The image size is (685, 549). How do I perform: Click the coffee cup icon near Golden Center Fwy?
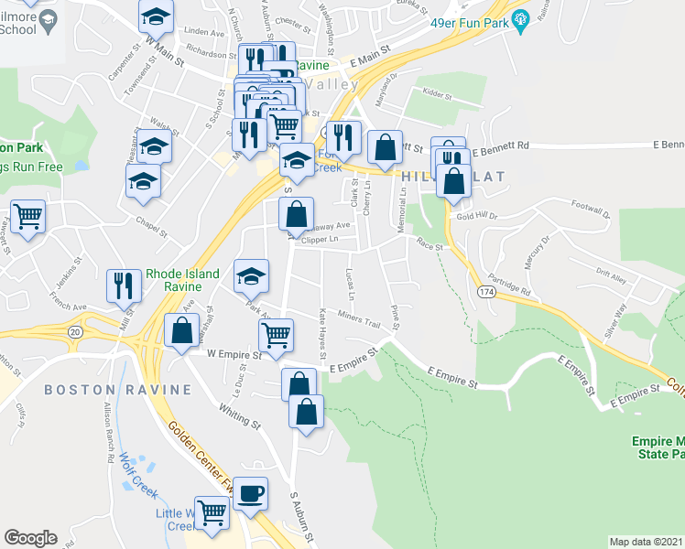pyautogui.click(x=250, y=494)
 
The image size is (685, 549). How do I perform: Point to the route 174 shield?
pyautogui.click(x=485, y=290)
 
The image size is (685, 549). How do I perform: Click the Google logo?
pyautogui.click(x=30, y=538)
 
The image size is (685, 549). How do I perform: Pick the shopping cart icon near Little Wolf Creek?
pyautogui.click(x=212, y=513)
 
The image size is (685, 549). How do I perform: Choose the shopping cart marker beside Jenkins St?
pyautogui.click(x=28, y=218)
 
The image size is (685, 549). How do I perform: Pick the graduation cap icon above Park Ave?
pyautogui.click(x=251, y=276)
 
